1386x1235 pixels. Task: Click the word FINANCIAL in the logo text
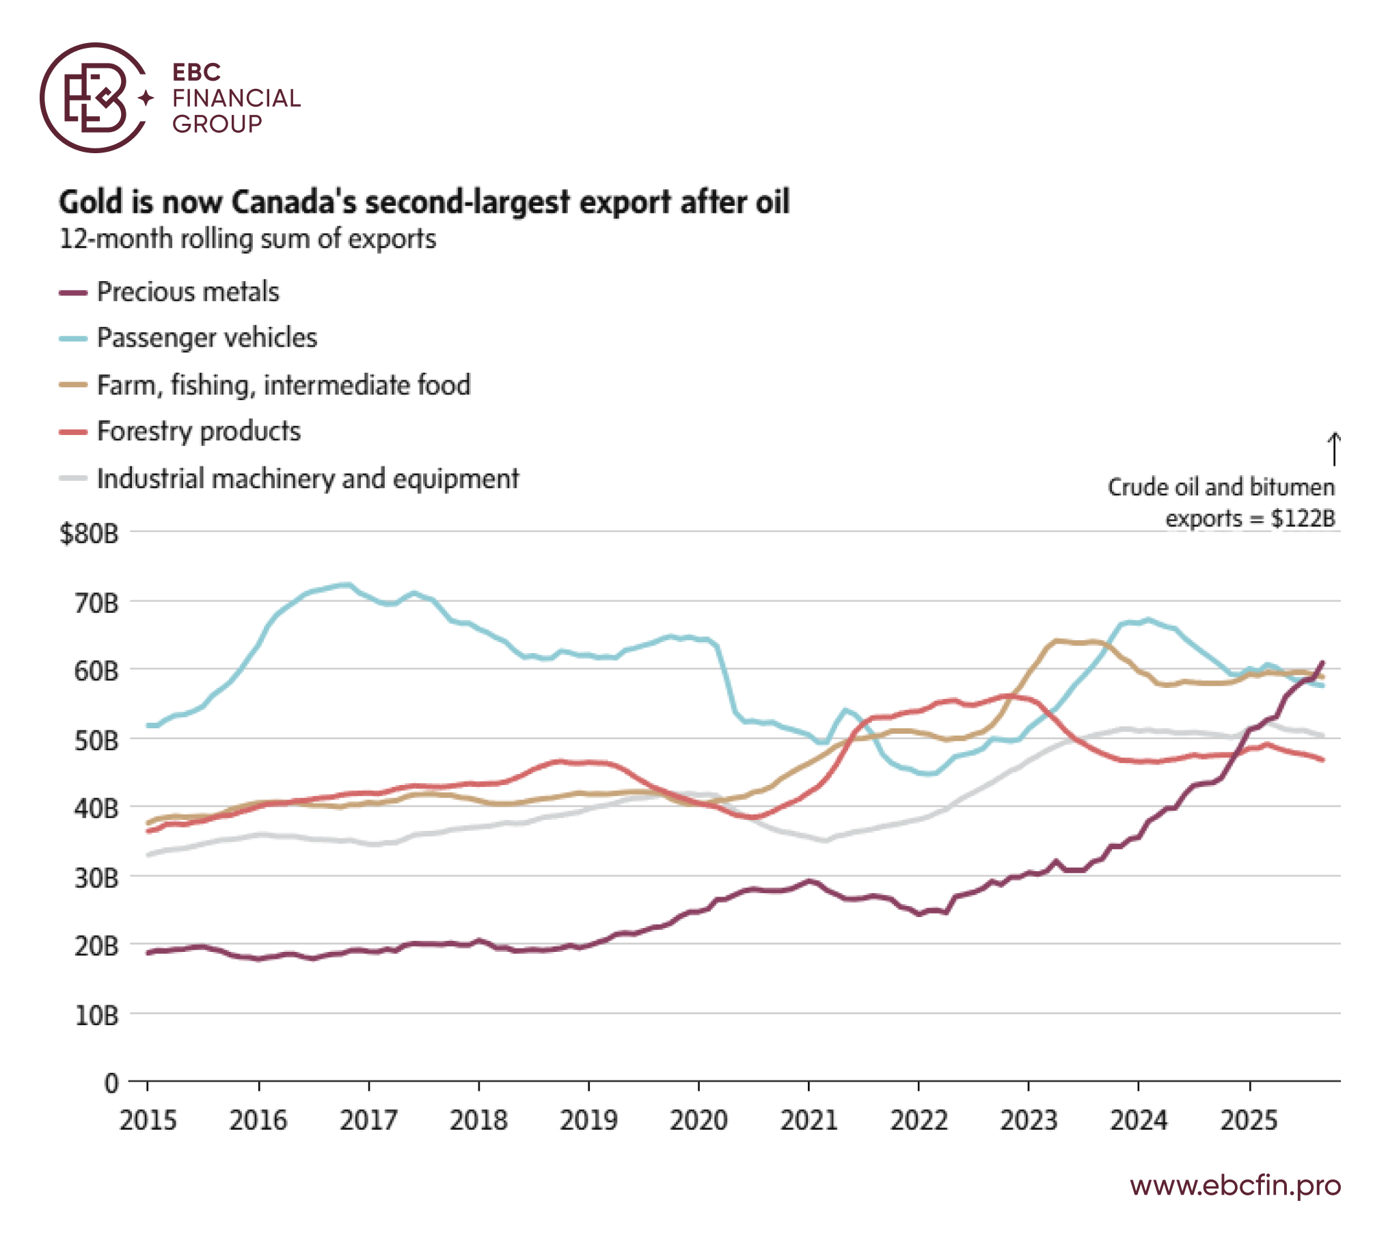coord(236,98)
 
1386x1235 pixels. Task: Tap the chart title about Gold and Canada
coord(424,202)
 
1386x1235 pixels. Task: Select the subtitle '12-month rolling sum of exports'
coord(247,239)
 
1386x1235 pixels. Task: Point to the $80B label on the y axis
coord(89,534)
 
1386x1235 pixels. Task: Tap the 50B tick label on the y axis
coord(96,741)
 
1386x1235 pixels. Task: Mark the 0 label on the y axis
coord(111,1084)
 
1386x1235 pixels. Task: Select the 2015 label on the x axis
coord(148,1121)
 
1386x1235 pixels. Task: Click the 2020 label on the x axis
coord(698,1121)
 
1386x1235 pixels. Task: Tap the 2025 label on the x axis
coord(1249,1121)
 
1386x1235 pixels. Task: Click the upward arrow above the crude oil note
coord(1333,449)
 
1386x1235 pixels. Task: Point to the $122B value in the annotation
coord(1303,518)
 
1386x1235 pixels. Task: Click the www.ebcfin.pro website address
coord(1235,1185)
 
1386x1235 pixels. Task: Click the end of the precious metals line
coord(1323,662)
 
